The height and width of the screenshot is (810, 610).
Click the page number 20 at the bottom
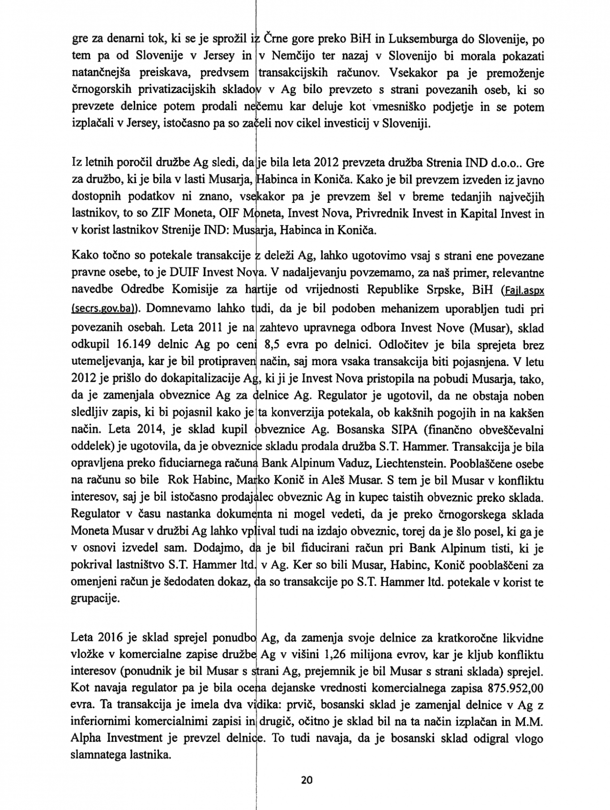[306, 780]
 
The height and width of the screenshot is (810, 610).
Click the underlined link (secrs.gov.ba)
[105, 309]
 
